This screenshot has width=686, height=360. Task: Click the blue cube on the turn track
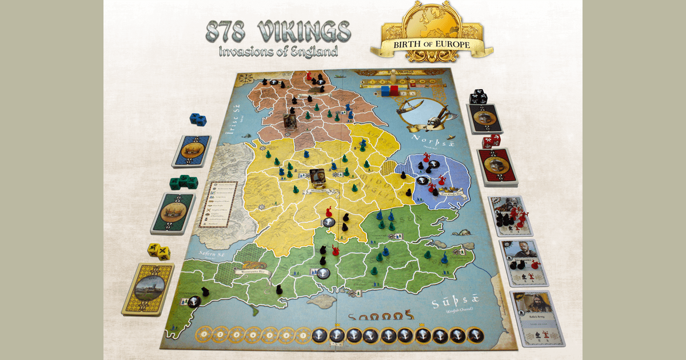386,90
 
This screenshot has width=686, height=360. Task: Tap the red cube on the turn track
394,90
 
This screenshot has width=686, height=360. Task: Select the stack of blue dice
198,119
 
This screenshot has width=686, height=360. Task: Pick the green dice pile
183,182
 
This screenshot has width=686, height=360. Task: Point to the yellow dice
158,251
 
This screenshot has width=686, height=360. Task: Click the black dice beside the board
478,97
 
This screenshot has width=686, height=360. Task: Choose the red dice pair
490,141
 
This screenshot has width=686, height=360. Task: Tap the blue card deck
191,151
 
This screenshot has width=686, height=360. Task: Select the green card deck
172,213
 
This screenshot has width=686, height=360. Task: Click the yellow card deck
147,289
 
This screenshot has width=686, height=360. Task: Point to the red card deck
497,166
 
